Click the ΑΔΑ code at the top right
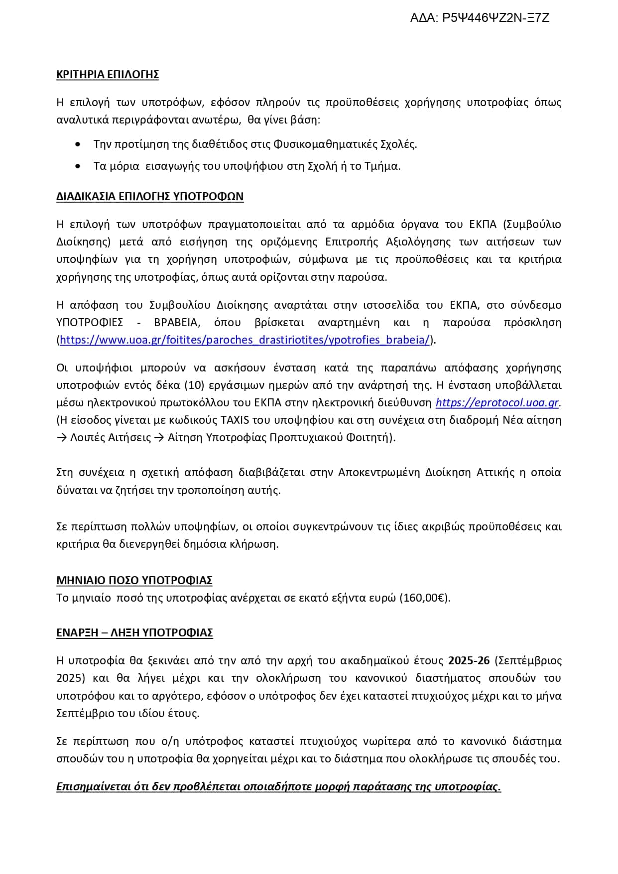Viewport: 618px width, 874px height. pos(479,18)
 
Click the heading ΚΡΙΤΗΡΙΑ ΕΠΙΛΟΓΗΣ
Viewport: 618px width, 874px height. pos(108,75)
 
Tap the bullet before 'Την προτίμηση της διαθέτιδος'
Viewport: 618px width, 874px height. pos(78,144)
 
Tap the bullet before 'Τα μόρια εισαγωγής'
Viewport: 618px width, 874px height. pos(78,166)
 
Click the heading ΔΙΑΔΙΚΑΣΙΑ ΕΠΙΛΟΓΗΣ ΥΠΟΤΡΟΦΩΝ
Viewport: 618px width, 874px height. pos(150,197)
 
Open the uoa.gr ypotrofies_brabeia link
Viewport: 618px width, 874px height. pos(245,340)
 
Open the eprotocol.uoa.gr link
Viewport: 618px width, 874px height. pos(497,403)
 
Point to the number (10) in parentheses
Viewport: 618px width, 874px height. pos(193,385)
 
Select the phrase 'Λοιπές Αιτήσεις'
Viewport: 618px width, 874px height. pos(111,438)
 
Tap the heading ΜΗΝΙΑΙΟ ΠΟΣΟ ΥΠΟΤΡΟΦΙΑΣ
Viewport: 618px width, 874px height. pos(134,581)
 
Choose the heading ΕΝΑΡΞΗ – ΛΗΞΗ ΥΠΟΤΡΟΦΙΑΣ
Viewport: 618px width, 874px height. pos(134,633)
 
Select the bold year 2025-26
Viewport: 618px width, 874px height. pos(469,661)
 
